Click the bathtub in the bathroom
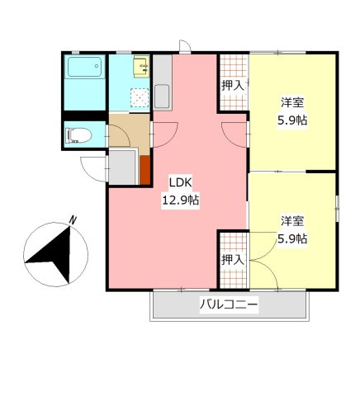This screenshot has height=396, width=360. click(x=83, y=81)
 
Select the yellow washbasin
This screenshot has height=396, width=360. click(x=141, y=64)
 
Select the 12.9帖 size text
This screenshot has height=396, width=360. click(x=180, y=200)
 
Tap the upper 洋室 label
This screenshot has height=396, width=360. click(x=292, y=102)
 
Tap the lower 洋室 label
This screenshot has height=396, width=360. click(x=292, y=221)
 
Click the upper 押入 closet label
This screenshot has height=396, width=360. click(x=233, y=85)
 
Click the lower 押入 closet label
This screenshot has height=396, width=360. click(x=233, y=259)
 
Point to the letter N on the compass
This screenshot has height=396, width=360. click(x=73, y=220)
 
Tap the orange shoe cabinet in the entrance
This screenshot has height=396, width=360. click(x=144, y=169)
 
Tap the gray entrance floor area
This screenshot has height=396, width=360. click(x=123, y=167)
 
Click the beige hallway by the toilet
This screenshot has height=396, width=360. click(x=128, y=131)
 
